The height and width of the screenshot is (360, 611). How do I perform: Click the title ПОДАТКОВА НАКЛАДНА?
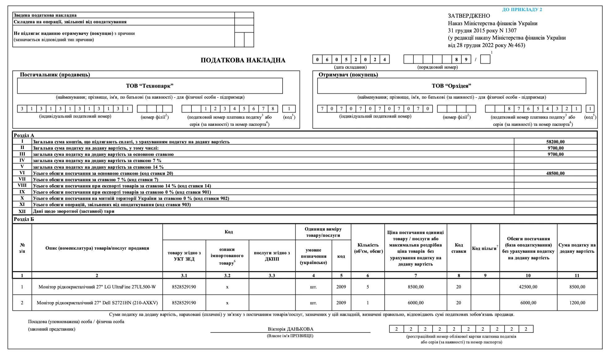(243, 60)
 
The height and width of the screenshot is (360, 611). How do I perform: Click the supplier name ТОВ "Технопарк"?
(150, 86)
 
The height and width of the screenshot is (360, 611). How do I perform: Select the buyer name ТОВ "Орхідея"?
(451, 86)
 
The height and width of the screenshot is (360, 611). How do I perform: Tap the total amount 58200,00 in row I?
(555, 142)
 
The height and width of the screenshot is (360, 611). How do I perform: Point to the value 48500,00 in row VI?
(555, 173)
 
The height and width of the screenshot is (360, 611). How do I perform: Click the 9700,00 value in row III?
(555, 154)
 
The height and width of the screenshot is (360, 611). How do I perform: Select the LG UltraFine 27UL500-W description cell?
(97, 287)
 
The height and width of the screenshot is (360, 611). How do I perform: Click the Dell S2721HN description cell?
(97, 303)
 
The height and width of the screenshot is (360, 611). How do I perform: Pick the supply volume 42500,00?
(528, 287)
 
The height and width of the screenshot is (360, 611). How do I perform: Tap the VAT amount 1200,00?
(577, 303)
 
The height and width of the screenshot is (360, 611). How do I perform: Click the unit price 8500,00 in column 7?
(416, 287)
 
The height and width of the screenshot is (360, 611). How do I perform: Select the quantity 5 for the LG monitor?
(368, 287)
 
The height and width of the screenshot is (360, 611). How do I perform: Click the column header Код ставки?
(459, 248)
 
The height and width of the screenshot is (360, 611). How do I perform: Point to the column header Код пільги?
(485, 248)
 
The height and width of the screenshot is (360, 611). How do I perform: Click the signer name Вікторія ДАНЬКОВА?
(290, 329)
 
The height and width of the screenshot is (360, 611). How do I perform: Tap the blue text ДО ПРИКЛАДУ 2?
(522, 10)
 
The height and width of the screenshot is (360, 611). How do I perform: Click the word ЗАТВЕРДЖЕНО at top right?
(469, 16)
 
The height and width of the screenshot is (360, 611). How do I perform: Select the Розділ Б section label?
(24, 219)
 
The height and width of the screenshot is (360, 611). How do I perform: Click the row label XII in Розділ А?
(22, 211)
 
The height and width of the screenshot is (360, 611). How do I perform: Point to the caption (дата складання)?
(350, 67)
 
